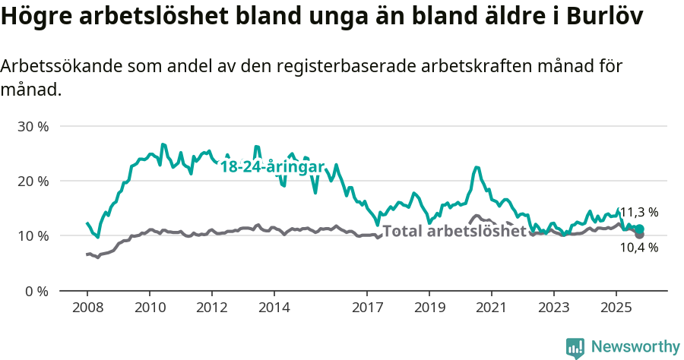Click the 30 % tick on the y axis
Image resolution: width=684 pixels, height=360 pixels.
click(33, 126)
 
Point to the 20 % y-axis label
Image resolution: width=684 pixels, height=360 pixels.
click(33, 182)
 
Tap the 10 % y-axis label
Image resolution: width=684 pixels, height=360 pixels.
click(33, 236)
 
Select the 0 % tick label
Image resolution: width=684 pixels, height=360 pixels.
click(36, 291)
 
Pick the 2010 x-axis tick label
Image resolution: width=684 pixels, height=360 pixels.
click(150, 309)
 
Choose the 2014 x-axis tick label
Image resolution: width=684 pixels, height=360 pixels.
click(274, 309)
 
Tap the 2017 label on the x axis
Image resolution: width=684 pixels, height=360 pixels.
click(367, 309)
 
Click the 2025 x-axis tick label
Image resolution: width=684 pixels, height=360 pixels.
click(616, 309)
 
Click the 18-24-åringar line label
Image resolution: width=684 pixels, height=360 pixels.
click(272, 167)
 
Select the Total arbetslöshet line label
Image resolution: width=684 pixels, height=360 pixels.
click(454, 231)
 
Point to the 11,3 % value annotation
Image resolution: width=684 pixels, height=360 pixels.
click(639, 213)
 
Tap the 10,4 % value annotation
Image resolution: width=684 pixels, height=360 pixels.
click(639, 248)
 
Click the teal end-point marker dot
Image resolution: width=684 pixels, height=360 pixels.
click(639, 229)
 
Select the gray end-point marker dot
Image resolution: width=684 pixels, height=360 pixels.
click(639, 235)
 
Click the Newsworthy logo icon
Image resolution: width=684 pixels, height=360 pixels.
click(575, 347)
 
